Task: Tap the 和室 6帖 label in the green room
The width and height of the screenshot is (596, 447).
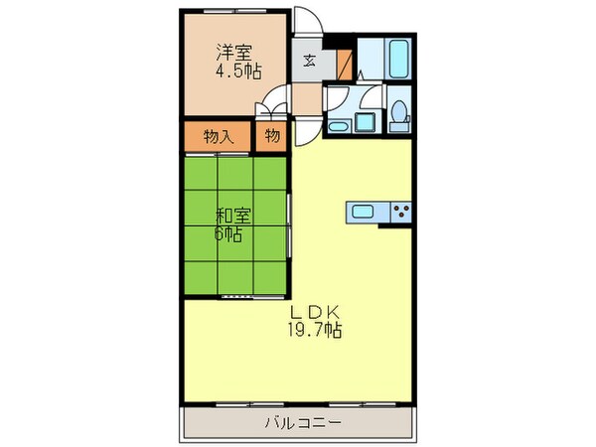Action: pyautogui.click(x=231, y=223)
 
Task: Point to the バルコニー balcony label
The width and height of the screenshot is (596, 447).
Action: pyautogui.click(x=303, y=422)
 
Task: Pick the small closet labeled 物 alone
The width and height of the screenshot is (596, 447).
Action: pyautogui.click(x=270, y=136)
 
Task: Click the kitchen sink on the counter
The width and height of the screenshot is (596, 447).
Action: pyautogui.click(x=364, y=210)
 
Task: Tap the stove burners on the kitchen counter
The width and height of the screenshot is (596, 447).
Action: pyautogui.click(x=401, y=210)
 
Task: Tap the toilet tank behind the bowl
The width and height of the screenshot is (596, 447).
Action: pyautogui.click(x=399, y=103)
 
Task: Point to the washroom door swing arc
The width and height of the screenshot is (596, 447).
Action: pyautogui.click(x=370, y=97)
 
